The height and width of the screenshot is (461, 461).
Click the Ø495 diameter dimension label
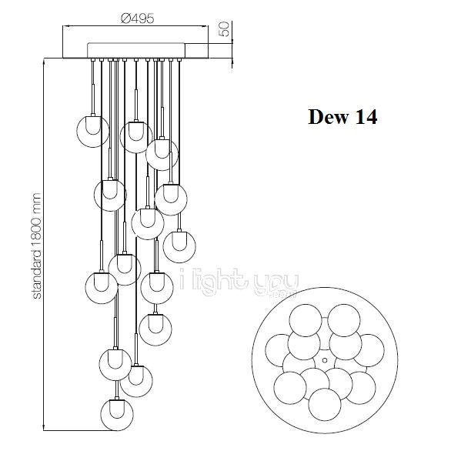137,18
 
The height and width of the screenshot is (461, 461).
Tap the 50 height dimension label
224,29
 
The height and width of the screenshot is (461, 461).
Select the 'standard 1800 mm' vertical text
36,246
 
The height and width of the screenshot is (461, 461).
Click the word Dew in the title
328,117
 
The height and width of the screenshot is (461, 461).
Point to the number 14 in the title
366,117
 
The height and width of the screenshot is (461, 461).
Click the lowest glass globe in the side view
117,415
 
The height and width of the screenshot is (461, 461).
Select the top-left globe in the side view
92,131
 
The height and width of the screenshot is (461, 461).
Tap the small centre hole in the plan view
325,360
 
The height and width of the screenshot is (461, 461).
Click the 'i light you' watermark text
239,282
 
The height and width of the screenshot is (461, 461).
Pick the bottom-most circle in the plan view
325,405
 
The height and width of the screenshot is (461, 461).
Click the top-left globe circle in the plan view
306,320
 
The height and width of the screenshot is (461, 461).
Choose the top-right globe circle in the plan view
344,320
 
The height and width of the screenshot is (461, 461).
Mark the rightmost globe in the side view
179,246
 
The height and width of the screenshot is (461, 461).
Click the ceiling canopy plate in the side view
136,51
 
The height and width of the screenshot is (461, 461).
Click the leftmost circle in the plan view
280,350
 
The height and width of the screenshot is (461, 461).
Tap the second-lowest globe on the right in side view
155,329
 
